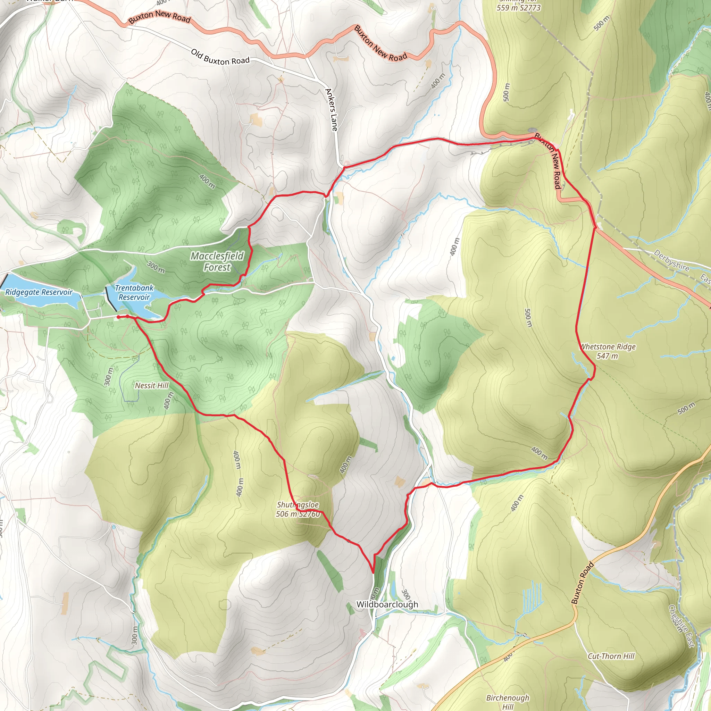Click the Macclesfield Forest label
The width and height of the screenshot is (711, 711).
pyautogui.click(x=217, y=261)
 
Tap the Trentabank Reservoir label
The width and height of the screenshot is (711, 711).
pyautogui.click(x=134, y=292)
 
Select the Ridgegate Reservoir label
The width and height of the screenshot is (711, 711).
pyautogui.click(x=39, y=292)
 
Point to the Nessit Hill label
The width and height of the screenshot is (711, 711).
pyautogui.click(x=152, y=385)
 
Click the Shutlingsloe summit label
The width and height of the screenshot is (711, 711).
pyautogui.click(x=298, y=509)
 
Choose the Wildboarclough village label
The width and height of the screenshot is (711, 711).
pyautogui.click(x=387, y=604)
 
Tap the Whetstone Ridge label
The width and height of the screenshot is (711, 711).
pyautogui.click(x=608, y=347)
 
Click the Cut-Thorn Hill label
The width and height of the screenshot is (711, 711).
pyautogui.click(x=611, y=656)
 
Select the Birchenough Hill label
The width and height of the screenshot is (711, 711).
pyautogui.click(x=508, y=701)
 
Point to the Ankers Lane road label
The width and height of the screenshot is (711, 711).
pyautogui.click(x=332, y=110)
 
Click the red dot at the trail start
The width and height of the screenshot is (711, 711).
pyautogui.click(x=118, y=317)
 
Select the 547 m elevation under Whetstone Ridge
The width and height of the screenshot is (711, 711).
pyautogui.click(x=607, y=356)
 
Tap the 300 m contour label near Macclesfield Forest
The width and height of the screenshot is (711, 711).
pyautogui.click(x=156, y=267)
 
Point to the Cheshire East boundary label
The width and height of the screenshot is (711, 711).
pyautogui.click(x=681, y=626)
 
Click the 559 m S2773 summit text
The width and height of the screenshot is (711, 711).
pyautogui.click(x=519, y=7)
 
